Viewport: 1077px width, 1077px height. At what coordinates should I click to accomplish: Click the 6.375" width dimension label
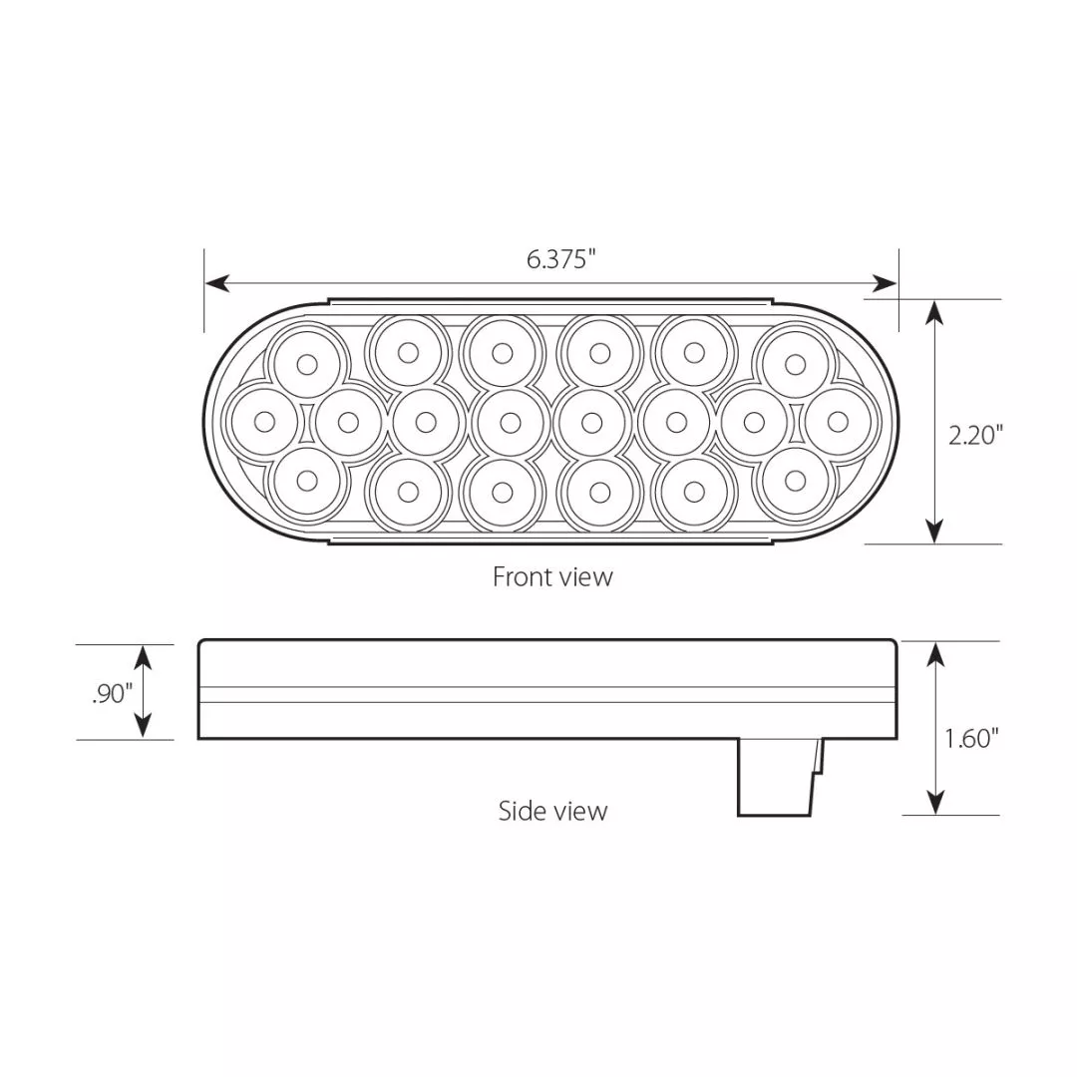[560, 259]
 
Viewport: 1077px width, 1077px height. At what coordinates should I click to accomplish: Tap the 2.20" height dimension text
[976, 434]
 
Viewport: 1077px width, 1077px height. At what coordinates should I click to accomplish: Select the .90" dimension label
[112, 694]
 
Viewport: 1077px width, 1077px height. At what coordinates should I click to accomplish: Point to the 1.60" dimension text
[971, 738]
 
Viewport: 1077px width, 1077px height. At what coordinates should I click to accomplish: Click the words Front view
[552, 577]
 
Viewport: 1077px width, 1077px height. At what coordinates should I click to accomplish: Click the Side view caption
[552, 811]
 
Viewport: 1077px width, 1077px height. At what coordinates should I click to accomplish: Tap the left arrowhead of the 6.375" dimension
[217, 282]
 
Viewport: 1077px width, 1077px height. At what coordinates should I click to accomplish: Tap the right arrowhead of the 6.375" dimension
[885, 282]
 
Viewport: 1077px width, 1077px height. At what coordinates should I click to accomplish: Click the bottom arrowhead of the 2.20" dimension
[933, 532]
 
